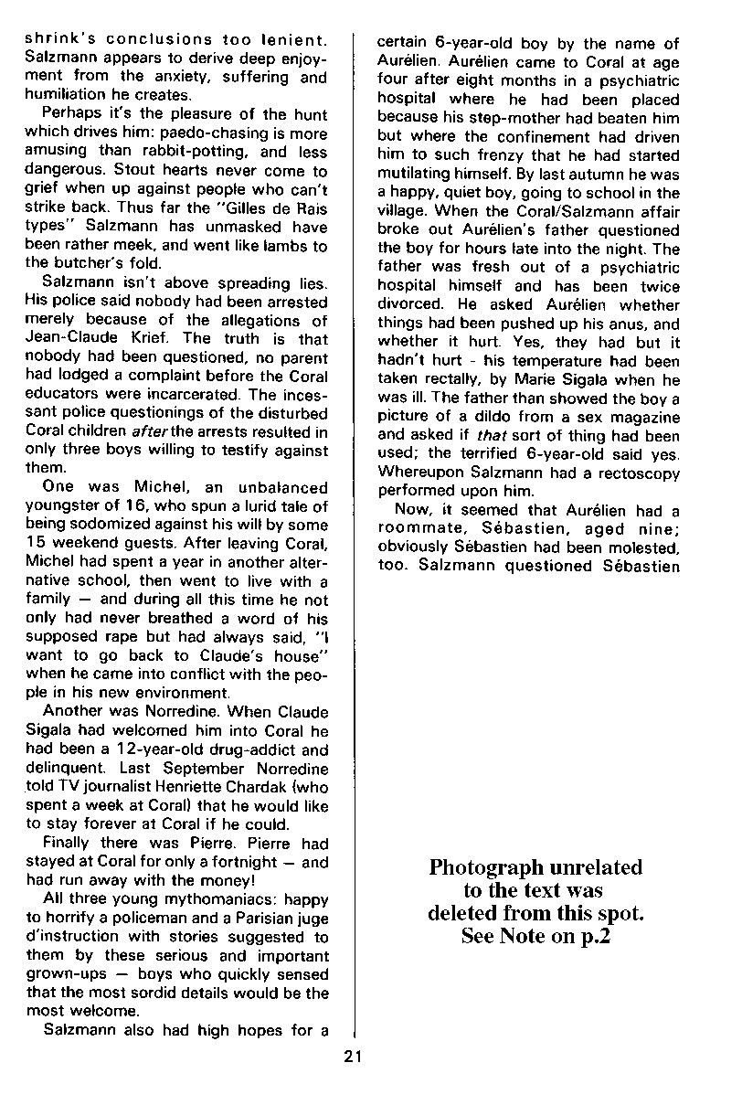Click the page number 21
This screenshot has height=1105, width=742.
[x=355, y=1057]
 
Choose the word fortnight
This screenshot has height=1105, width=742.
[x=246, y=862]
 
